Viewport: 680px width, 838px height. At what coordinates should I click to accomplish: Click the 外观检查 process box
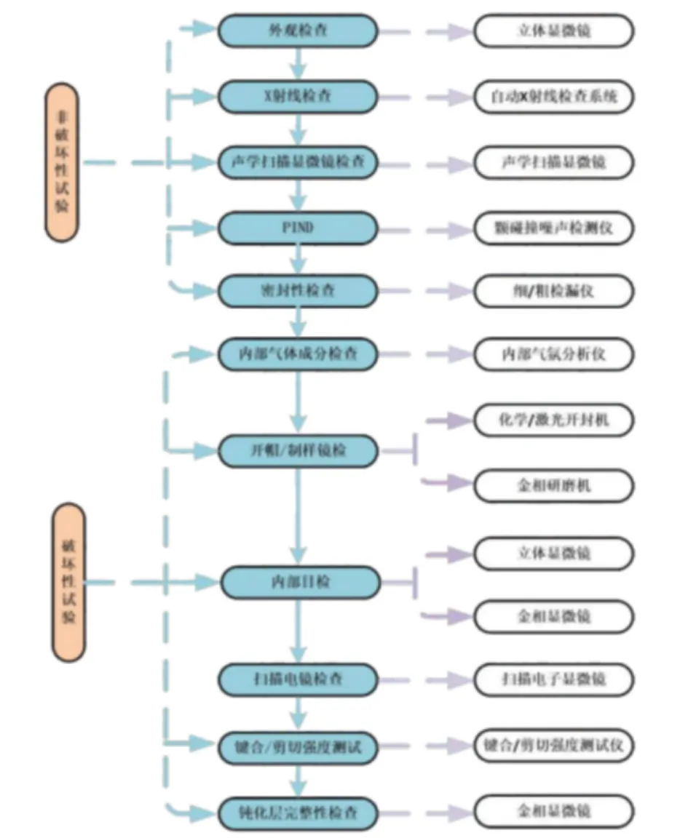299,31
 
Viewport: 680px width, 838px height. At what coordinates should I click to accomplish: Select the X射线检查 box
299,96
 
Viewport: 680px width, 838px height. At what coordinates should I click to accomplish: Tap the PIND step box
299,228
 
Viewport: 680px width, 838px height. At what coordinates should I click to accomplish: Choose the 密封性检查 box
299,290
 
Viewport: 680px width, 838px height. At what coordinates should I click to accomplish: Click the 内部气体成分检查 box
299,354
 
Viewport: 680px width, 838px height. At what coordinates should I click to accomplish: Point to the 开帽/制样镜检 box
299,451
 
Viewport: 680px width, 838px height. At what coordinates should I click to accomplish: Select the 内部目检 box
300,582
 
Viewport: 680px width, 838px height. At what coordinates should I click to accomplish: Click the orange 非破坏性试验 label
61,161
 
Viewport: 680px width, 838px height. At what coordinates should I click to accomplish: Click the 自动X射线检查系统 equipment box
554,96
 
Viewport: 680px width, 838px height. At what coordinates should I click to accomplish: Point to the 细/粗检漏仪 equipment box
554,290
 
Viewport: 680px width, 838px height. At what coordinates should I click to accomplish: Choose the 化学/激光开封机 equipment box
554,420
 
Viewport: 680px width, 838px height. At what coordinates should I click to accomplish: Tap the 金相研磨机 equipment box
554,484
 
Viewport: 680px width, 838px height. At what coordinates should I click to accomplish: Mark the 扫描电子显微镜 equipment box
554,679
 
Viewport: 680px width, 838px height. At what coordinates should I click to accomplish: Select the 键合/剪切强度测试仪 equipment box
554,746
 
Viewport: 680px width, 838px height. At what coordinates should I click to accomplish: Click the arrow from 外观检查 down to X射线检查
298,63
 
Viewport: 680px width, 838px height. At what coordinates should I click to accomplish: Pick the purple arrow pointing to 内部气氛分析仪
444,354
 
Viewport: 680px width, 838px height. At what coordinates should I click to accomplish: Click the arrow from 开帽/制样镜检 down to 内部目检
298,516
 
